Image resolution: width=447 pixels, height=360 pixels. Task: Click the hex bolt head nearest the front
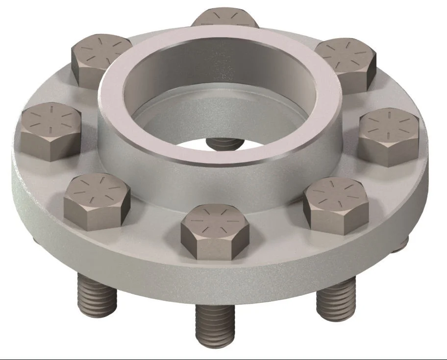click(x=215, y=230)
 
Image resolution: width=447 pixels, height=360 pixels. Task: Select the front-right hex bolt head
click(x=336, y=203)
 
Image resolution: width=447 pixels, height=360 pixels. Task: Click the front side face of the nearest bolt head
click(x=215, y=250)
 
